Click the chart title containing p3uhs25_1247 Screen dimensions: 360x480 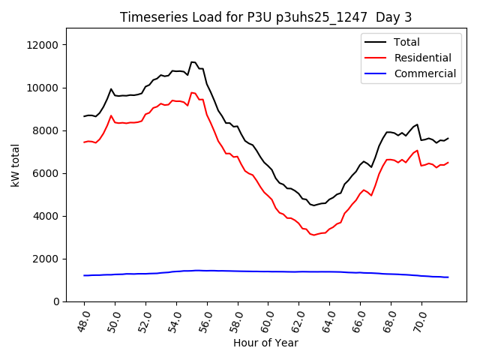tap(266, 17)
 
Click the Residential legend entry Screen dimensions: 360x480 tap(422, 58)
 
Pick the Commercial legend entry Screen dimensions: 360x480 tap(424, 73)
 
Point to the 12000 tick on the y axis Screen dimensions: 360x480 tap(43, 45)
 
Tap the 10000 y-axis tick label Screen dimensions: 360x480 tap(43, 88)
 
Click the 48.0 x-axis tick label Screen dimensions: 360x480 tap(82, 321)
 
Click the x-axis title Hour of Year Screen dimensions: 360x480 tap(265, 343)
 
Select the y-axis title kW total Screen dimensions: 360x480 tap(16, 165)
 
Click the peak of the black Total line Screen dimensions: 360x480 tap(193, 61)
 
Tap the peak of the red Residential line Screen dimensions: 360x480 tap(192, 92)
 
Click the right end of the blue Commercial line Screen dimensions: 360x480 tap(448, 277)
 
